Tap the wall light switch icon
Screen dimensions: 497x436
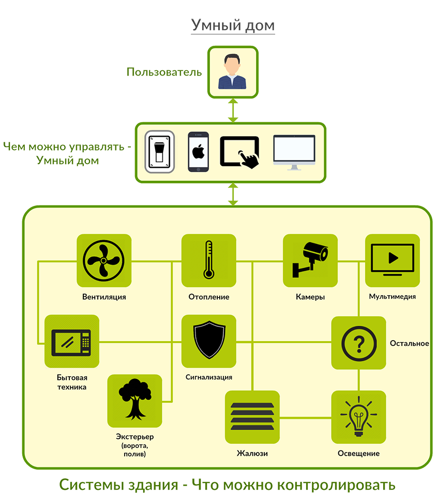(160, 152)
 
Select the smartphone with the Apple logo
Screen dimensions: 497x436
(198, 152)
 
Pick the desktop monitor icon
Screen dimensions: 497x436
(294, 152)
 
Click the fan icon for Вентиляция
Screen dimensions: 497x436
(104, 261)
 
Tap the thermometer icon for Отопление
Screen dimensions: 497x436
(208, 261)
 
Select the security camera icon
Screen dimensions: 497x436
(310, 260)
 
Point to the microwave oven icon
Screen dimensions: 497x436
(71, 342)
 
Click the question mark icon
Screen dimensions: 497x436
(358, 343)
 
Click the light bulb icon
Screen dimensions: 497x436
(358, 417)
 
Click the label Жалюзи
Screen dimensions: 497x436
(252, 454)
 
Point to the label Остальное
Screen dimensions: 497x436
(409, 343)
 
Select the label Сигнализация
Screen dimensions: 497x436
(208, 377)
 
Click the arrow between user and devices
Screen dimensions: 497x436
(232, 110)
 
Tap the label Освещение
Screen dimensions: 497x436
(358, 454)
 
